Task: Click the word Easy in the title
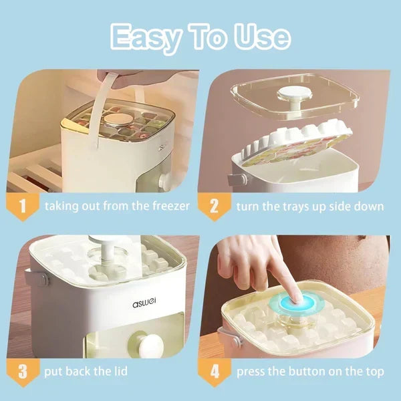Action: point(145,37)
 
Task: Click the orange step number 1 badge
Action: point(23,207)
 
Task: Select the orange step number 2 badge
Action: point(215,207)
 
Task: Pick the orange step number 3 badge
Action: point(23,372)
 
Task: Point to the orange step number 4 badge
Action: point(215,372)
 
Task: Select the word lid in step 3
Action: point(120,371)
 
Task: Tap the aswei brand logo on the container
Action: point(144,303)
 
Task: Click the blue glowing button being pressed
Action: point(296,303)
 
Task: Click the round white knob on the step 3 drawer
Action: point(150,346)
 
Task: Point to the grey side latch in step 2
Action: point(237,179)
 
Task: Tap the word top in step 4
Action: point(375,372)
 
